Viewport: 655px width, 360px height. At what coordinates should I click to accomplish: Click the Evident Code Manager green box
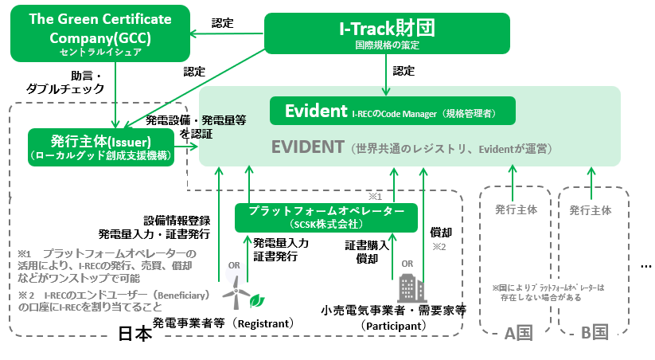coord(392,112)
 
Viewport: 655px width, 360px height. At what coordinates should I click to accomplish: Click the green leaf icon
coord(257,301)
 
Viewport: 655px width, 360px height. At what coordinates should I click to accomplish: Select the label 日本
coord(135,334)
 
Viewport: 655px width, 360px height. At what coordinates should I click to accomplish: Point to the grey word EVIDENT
coord(306,148)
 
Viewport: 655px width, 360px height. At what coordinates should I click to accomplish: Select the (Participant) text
coord(393,326)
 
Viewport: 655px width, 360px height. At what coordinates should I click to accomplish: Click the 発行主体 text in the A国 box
coord(516,210)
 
